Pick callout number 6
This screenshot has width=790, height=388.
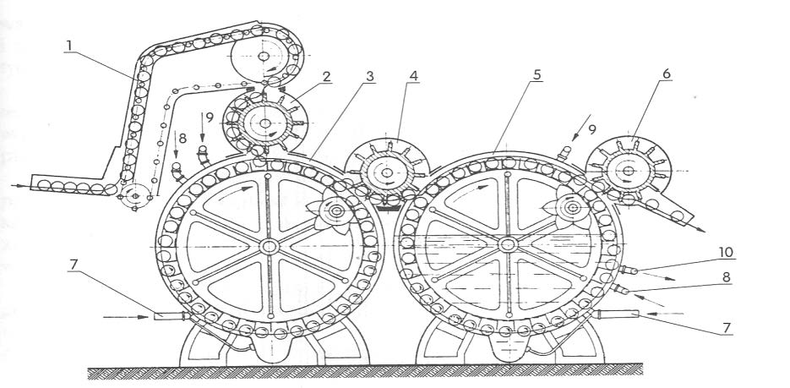coord(667,74)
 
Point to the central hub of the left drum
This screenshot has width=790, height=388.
coord(268,245)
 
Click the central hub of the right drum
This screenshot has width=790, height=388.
coord(507,244)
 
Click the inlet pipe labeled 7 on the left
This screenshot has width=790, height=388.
coord(169,315)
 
